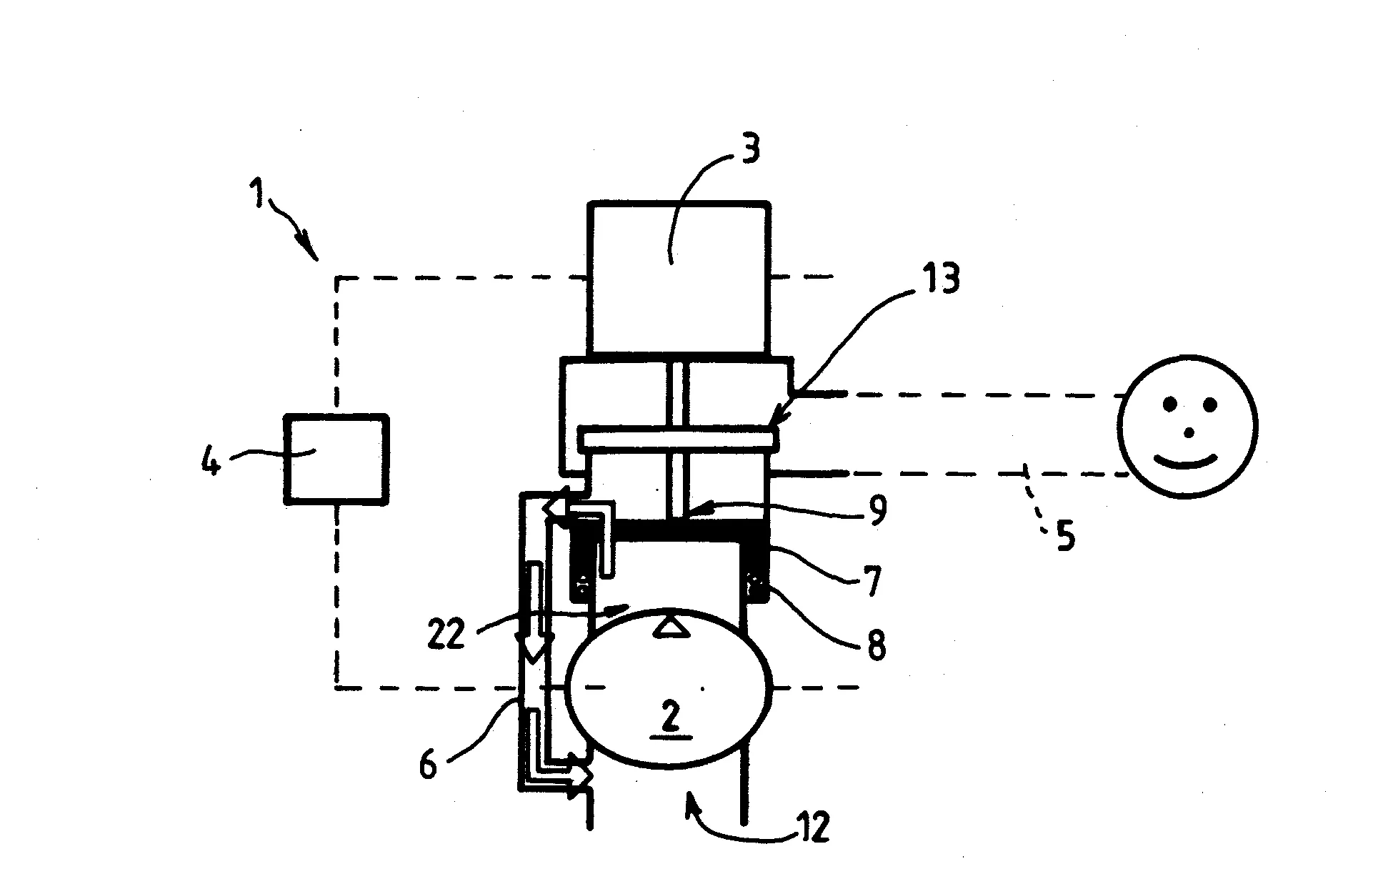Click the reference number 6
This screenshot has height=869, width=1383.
pyautogui.click(x=427, y=765)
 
